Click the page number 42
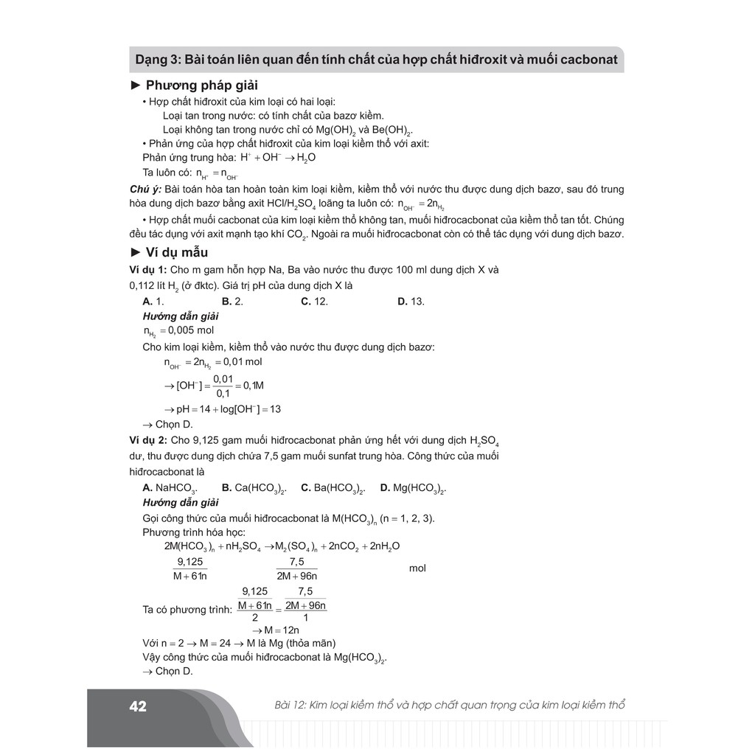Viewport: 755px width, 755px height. coord(138,707)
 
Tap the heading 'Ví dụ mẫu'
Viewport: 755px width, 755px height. coord(176,252)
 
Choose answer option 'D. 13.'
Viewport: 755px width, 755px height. coord(411,301)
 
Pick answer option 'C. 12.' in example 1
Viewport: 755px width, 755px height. coord(314,301)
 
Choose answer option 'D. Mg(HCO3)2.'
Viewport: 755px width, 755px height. coord(413,488)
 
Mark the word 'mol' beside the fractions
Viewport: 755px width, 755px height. coord(417,568)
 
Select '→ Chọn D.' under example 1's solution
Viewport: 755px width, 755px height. coord(167,425)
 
